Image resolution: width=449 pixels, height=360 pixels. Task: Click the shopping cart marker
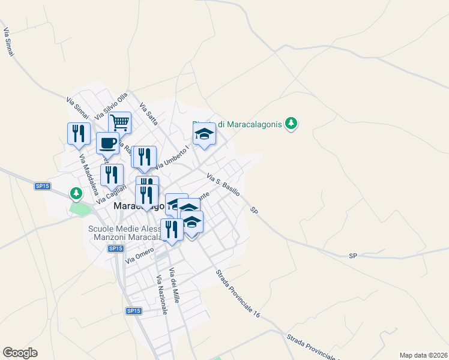119,122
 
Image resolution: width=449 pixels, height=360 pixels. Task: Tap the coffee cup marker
107,143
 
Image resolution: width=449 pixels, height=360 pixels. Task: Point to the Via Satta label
148,114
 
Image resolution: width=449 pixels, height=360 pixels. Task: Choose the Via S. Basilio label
223,184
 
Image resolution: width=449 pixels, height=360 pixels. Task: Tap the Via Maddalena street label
89,175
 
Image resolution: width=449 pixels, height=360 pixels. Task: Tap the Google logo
20,353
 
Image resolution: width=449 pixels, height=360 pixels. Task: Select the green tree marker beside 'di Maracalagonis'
292,123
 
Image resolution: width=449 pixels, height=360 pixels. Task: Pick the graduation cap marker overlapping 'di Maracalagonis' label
204,134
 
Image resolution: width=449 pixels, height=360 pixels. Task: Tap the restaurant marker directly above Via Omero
172,229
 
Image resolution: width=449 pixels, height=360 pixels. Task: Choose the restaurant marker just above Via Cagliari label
112,175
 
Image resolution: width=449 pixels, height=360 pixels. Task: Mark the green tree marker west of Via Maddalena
76,193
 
